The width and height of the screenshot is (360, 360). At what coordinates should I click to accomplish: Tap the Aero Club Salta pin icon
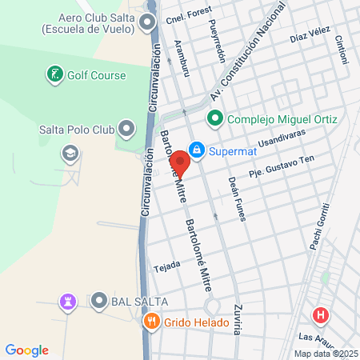pyautogui.click(x=146, y=22)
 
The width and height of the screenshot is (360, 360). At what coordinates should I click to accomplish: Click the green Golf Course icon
pyautogui.click(x=54, y=76)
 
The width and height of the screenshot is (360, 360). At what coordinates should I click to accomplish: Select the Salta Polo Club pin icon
pyautogui.click(x=126, y=128)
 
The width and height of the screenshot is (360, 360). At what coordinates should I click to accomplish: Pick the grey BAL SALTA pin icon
pyautogui.click(x=99, y=301)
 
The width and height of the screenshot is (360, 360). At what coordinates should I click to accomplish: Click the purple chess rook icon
pyautogui.click(x=66, y=302)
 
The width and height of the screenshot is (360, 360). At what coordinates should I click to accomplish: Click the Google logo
pyautogui.click(x=26, y=350)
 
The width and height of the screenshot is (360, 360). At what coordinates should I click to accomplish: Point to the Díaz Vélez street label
pyautogui.click(x=310, y=36)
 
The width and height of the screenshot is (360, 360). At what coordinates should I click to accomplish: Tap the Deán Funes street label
pyautogui.click(x=234, y=199)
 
